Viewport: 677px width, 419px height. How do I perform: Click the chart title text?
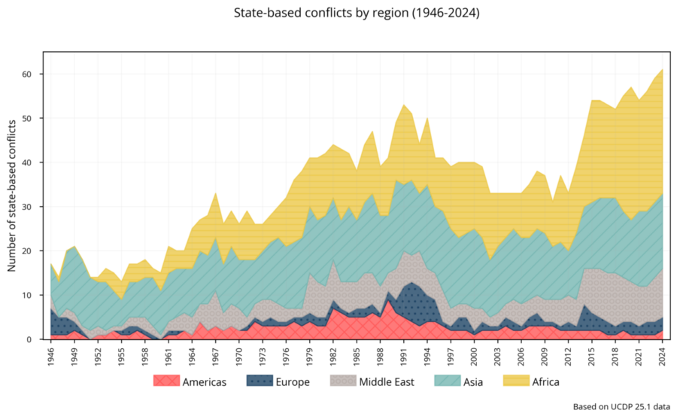(x=357, y=14)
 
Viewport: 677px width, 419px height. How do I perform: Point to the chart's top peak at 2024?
(x=662, y=69)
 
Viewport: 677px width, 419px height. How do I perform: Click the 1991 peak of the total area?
(x=404, y=105)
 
